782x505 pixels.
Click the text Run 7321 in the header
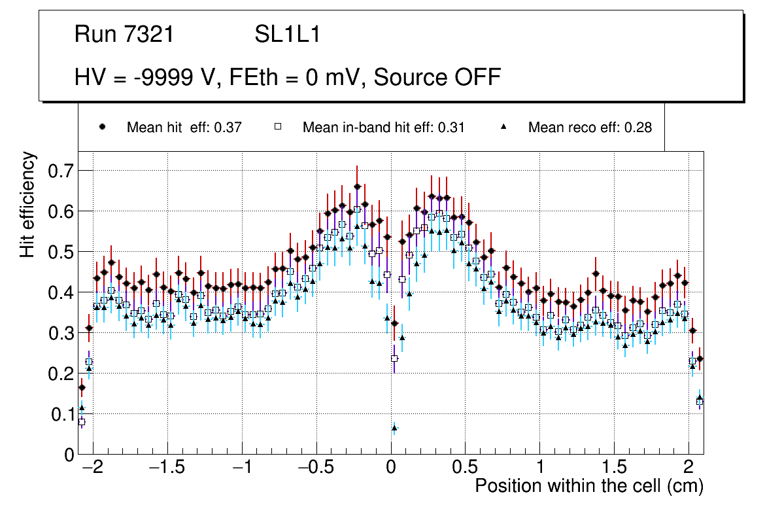124,35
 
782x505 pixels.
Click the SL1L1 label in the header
287,35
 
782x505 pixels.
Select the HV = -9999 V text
148,78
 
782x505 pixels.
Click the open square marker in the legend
277,128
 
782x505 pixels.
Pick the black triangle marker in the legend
503,128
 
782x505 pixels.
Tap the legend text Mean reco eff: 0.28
590,128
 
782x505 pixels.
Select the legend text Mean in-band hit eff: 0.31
383,128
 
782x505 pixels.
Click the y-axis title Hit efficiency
27,204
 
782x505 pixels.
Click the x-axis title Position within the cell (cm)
588,487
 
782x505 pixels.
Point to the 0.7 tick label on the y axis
64,171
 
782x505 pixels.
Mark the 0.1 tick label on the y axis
64,414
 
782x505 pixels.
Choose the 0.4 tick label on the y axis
64,292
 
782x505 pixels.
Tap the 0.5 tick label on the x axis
465,469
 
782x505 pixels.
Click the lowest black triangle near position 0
394,428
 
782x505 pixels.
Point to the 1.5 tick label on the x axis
614,469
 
